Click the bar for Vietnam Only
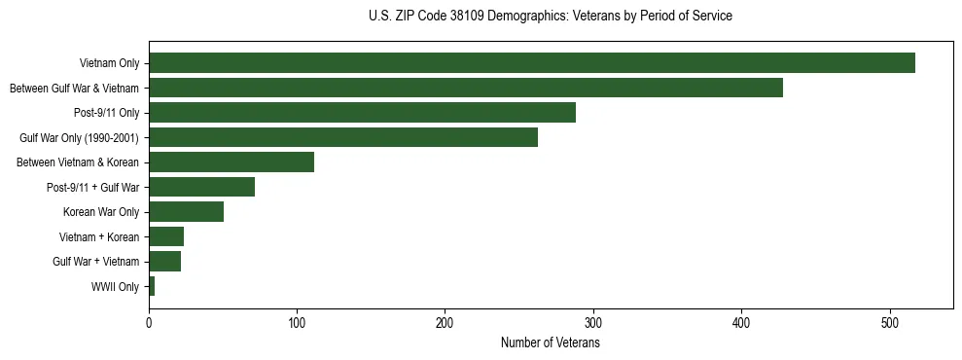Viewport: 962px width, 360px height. (532, 63)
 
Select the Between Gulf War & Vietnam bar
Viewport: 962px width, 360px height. (466, 88)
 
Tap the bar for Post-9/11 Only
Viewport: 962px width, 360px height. (362, 113)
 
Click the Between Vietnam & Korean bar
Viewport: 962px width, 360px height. (232, 162)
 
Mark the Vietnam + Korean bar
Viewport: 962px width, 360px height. (166, 236)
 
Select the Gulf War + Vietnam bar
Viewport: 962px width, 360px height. (164, 262)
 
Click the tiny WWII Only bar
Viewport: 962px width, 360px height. (152, 286)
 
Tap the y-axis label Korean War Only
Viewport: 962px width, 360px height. (101, 212)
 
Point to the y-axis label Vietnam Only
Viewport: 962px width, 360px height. (109, 63)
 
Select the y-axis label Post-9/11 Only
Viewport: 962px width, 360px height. (106, 113)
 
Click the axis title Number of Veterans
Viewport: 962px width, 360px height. (550, 342)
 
